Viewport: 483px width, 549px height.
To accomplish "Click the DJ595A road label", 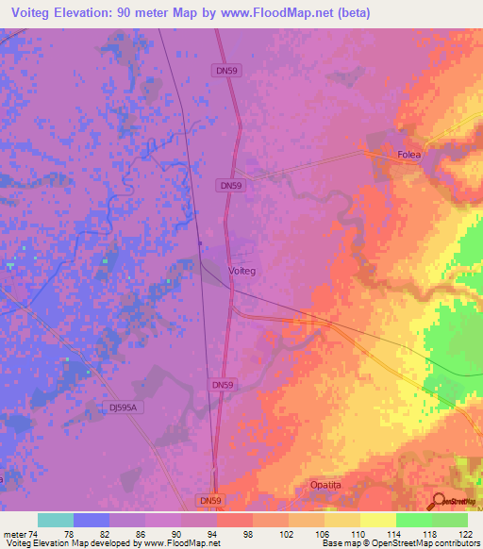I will tap(122, 408).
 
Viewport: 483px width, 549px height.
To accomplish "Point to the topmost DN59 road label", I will tap(223, 70).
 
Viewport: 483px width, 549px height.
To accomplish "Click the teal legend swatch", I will tap(55, 520).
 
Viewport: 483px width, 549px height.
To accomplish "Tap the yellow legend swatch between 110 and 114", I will tap(377, 520).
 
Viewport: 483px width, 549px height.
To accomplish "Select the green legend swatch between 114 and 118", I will tap(413, 520).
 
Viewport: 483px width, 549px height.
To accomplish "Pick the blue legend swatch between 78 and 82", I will tap(91, 520).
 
